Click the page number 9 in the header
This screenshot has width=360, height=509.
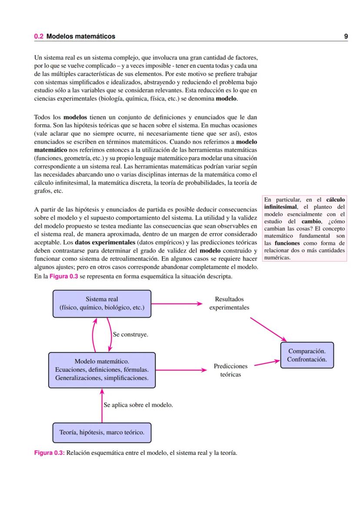346,37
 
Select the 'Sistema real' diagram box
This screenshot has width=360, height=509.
102,303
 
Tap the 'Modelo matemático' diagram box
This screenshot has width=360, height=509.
102,369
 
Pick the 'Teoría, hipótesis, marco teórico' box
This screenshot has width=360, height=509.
102,432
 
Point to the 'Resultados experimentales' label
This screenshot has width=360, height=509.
229,303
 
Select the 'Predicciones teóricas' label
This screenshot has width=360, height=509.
230,370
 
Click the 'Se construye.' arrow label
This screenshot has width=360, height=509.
130,335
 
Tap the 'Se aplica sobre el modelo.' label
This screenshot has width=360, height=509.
138,405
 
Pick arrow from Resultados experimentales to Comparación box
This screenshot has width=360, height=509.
268,329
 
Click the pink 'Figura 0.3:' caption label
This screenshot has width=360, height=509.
49,452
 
